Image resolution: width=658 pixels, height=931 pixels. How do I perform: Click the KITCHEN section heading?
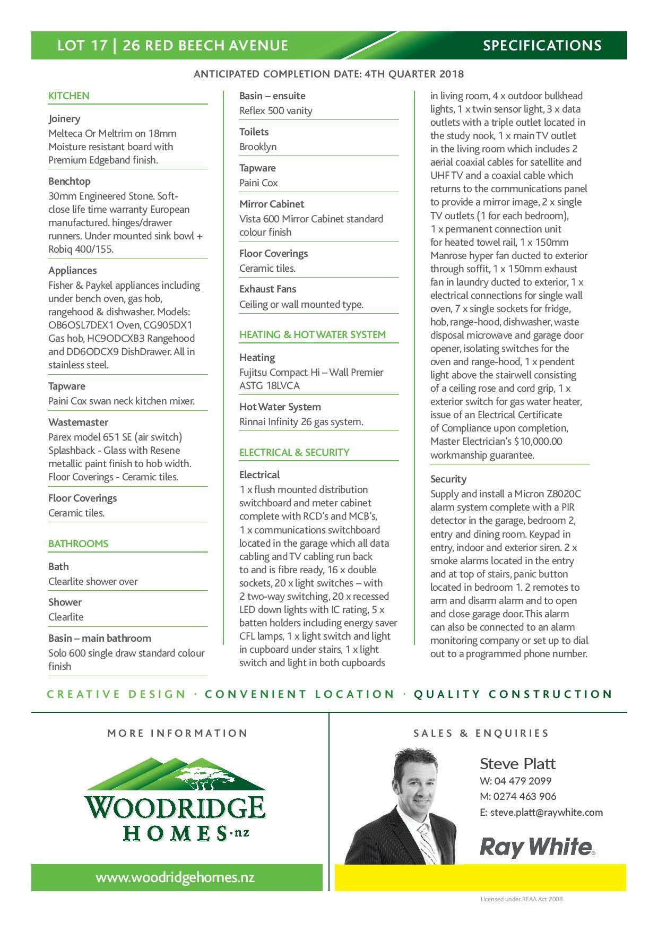[x=69, y=96]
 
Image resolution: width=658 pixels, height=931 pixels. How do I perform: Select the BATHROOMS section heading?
[x=78, y=544]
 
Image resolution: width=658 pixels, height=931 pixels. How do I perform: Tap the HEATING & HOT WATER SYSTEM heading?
[x=313, y=334]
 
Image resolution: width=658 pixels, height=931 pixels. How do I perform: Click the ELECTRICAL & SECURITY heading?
[x=295, y=452]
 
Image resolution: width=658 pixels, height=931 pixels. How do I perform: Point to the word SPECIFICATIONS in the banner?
[x=542, y=46]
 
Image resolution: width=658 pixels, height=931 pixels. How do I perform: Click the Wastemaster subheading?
[x=78, y=422]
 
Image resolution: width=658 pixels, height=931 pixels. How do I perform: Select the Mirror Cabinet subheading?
[x=272, y=204]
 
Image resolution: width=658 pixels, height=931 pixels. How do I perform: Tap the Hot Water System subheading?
[x=280, y=407]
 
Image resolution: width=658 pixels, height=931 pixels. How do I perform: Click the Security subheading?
[x=448, y=479]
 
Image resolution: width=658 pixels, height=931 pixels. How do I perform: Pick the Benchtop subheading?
[x=70, y=181]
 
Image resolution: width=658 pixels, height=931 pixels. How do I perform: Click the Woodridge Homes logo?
[x=175, y=800]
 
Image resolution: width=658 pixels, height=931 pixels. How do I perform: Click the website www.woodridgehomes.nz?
[x=175, y=877]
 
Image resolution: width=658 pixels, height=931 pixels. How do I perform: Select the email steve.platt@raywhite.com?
[x=546, y=812]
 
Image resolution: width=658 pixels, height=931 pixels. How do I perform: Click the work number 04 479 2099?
[x=523, y=781]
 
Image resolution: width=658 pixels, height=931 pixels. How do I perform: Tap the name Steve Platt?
[x=517, y=764]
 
